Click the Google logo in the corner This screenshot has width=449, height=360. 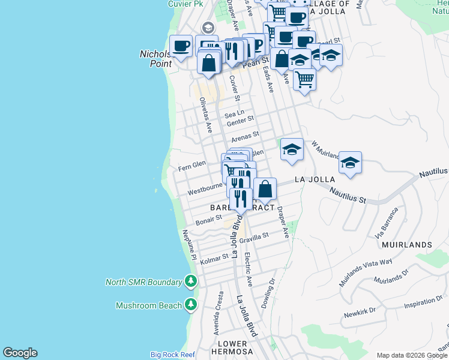coord(20,353)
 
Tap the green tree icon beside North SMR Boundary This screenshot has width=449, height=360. coord(191,281)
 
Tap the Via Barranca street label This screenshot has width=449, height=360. coord(387,223)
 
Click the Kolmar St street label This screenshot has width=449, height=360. coord(214,259)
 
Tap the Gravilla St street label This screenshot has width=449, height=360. coord(255,238)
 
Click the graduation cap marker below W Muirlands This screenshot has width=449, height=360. coord(350,163)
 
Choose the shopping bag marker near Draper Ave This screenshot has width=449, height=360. coord(265,189)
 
